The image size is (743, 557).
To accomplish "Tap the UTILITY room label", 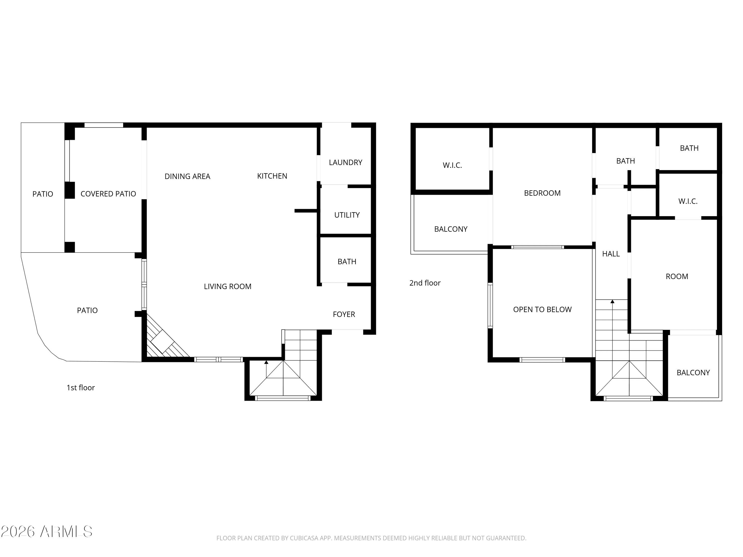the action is [x=347, y=215].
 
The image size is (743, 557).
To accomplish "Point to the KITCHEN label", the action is [x=272, y=176].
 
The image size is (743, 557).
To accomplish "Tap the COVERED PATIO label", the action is [x=108, y=194].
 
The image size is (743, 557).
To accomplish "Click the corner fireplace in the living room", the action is [x=165, y=339].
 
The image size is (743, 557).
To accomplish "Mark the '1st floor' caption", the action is [x=80, y=388].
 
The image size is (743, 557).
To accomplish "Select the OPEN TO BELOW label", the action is [x=542, y=309].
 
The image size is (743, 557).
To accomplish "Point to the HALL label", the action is [x=611, y=254].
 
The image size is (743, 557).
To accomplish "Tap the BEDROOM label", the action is [x=542, y=193].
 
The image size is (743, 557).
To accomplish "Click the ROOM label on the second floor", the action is [x=677, y=276].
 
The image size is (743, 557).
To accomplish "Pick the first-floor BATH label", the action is [x=347, y=262].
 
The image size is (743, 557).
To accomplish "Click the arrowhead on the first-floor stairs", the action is [x=266, y=362].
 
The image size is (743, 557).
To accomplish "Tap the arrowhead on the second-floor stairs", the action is [x=612, y=302].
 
